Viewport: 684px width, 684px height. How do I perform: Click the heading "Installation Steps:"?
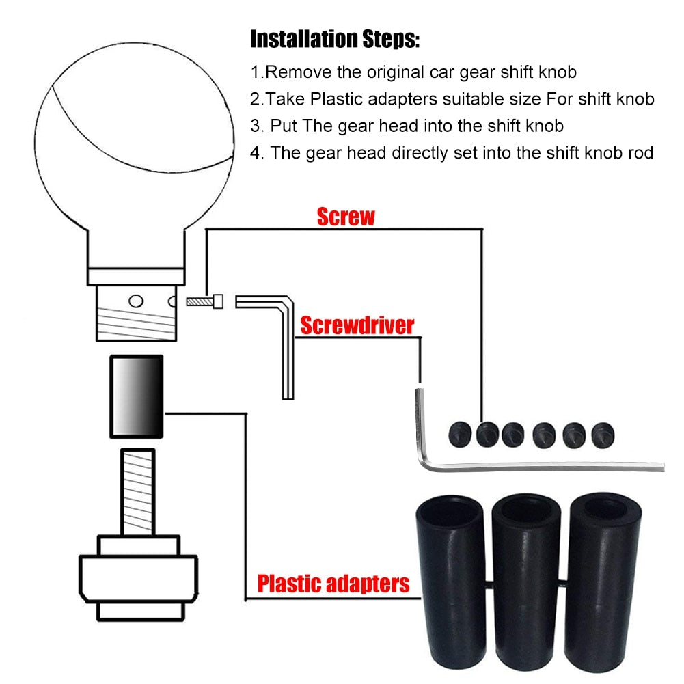pyautogui.click(x=335, y=39)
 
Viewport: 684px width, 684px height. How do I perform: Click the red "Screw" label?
pyautogui.click(x=346, y=217)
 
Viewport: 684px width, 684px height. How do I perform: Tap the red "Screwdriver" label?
pyautogui.click(x=357, y=325)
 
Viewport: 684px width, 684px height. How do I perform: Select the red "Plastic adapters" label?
pyautogui.click(x=333, y=584)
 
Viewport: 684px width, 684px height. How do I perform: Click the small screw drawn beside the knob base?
pyautogui.click(x=204, y=301)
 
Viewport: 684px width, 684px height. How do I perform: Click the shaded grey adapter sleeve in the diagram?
pyautogui.click(x=137, y=396)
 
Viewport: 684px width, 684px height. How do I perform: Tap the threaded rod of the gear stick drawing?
pyautogui.click(x=138, y=492)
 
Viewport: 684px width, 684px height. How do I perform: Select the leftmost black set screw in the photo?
pyautogui.click(x=460, y=435)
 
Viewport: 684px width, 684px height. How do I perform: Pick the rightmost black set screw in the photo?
pyautogui.click(x=603, y=435)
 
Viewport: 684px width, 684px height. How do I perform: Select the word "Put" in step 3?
pyautogui.click(x=284, y=126)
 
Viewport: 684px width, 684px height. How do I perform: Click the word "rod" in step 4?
pyautogui.click(x=640, y=153)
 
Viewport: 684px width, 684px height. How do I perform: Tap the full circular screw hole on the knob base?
pyautogui.click(x=136, y=301)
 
